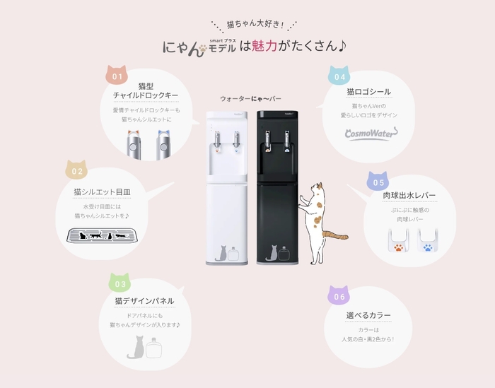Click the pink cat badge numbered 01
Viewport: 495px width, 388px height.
click(x=117, y=75)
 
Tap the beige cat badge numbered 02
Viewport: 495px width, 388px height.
click(x=77, y=170)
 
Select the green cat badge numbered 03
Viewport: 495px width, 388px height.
click(x=120, y=283)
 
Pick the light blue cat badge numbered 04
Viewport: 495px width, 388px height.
click(x=340, y=76)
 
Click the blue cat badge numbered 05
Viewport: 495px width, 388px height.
click(x=380, y=181)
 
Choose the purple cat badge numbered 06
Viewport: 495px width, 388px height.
click(x=340, y=296)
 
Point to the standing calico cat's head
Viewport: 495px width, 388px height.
click(x=319, y=190)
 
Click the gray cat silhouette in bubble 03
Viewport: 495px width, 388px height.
click(x=135, y=346)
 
